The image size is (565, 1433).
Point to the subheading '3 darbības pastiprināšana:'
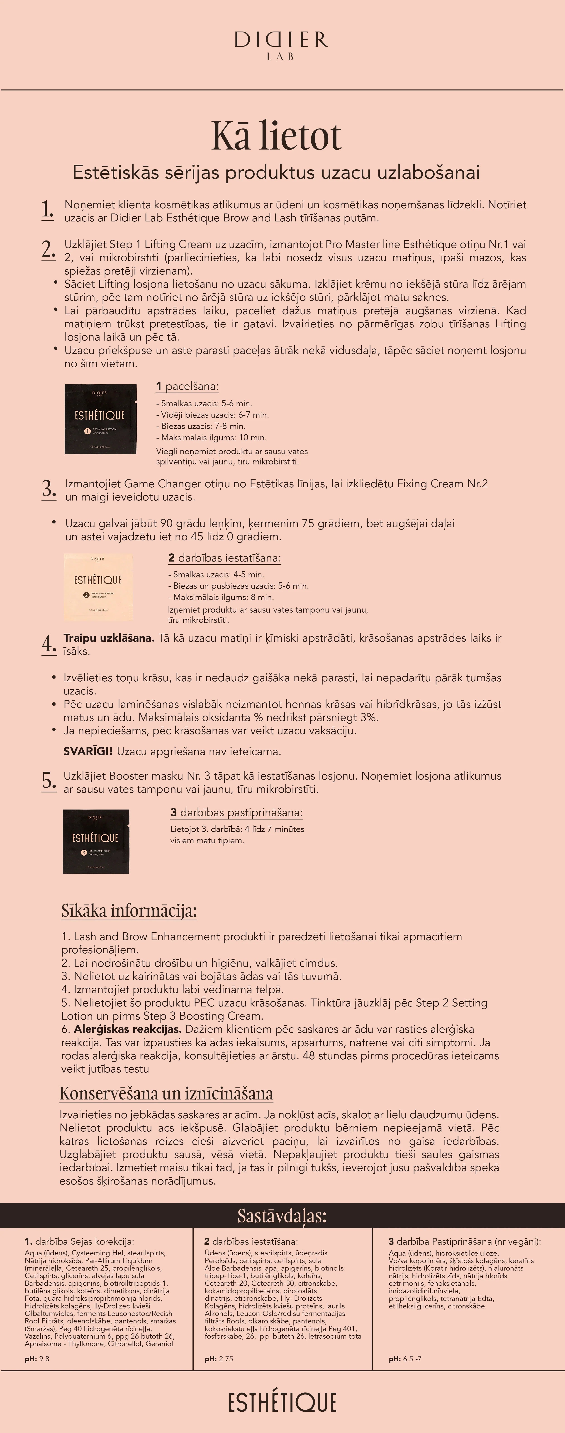point(236,812)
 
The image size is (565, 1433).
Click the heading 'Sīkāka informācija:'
point(129,911)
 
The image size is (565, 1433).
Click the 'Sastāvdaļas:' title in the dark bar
point(282,1215)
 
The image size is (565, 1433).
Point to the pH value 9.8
point(43,1358)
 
